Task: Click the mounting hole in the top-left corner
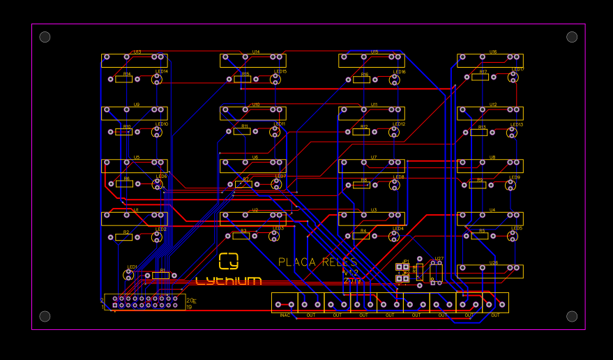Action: pos(45,37)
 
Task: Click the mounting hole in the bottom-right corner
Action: pos(572,316)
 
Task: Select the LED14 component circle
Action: pos(158,80)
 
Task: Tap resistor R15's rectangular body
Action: pos(243,80)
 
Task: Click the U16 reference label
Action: pos(493,52)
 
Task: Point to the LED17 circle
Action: pos(513,77)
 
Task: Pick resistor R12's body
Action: pos(361,131)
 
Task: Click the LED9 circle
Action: pos(512,185)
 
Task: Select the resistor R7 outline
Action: pos(243,184)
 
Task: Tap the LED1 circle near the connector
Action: pos(128,275)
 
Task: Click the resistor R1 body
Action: pos(160,276)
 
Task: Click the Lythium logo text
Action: pos(229,281)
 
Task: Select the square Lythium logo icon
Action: pos(228,260)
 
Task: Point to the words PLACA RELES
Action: pos(317,262)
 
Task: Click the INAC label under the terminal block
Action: pos(285,315)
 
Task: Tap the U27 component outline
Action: pos(436,273)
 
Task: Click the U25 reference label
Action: pos(493,263)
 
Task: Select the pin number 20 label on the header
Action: pos(190,300)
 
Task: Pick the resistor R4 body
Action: pos(361,236)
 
